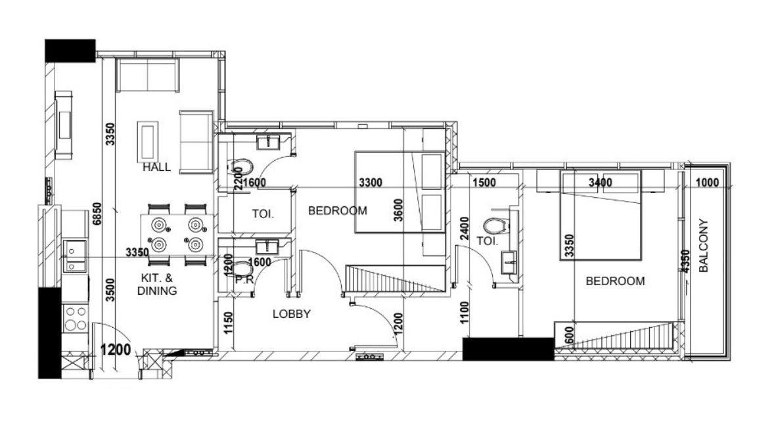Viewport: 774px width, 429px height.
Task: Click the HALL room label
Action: [x=156, y=167]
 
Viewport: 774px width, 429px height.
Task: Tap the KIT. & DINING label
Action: [x=157, y=284]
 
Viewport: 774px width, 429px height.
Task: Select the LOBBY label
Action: [x=292, y=313]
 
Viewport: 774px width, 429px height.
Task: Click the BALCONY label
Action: [x=704, y=245]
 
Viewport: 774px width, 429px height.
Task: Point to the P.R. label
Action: [x=244, y=280]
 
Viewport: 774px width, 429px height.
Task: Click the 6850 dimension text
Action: [x=97, y=214]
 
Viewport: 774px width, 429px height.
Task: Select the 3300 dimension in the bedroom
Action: [x=370, y=183]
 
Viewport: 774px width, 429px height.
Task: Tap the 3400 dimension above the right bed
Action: [x=601, y=183]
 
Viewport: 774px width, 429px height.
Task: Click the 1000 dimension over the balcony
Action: [x=707, y=183]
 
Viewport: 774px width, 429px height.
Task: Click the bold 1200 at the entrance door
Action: [x=116, y=350]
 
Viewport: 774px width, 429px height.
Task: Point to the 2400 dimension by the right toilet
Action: [x=464, y=229]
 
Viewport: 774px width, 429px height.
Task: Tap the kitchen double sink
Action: [x=75, y=256]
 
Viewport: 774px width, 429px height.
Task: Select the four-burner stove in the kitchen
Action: [x=76, y=319]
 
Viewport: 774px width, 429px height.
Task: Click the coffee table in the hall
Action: [x=148, y=141]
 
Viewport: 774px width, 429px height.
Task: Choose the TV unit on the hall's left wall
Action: [x=64, y=125]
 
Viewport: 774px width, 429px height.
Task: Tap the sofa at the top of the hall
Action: [x=147, y=76]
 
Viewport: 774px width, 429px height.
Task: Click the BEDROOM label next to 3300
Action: [x=338, y=211]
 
